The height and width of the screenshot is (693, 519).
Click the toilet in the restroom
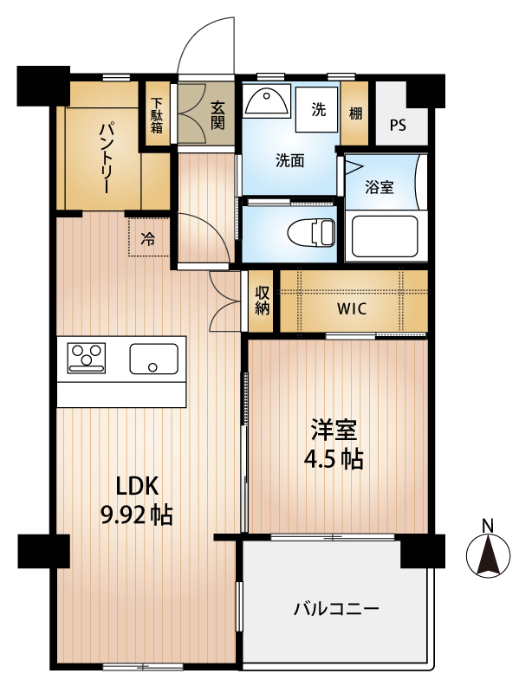coord(312,231)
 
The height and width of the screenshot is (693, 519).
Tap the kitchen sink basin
coord(154,359)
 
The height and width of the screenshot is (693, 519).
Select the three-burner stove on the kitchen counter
coord(86,358)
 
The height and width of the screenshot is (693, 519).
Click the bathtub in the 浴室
coord(385,237)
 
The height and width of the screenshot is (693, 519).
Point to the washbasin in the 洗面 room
coord(267,100)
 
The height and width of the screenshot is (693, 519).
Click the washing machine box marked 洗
coord(316,109)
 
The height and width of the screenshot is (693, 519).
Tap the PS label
coord(398,126)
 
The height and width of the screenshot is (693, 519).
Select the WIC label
coord(352,308)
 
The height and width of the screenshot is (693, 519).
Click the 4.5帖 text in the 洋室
coord(334,460)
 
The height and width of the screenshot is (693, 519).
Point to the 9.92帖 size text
coord(137,515)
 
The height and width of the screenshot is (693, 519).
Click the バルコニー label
coord(336,610)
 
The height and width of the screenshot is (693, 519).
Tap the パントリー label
coord(104,159)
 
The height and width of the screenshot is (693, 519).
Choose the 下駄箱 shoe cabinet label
coord(157,115)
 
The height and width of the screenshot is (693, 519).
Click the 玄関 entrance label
coord(217,115)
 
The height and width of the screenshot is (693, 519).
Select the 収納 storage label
coord(263,301)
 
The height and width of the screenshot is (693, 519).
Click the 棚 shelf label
coord(355,113)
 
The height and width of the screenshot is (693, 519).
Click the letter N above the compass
coord(488,526)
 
